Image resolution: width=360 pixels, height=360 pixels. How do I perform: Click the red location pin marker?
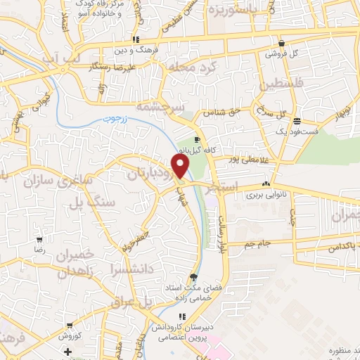pos(181,166)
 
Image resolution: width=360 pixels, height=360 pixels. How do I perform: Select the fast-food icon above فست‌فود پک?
pos(297,120)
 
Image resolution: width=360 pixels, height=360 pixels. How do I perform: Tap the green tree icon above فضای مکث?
pos(194,276)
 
